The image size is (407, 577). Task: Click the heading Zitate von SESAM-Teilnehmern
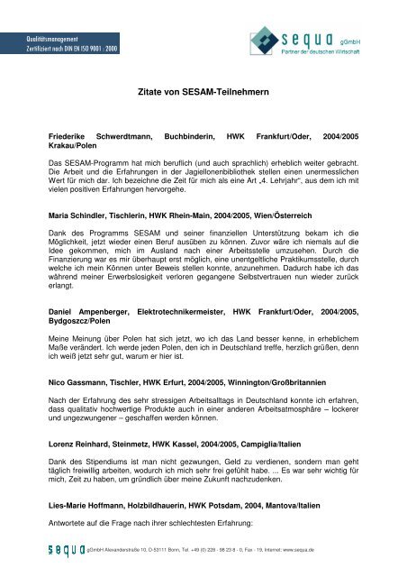tap(203, 92)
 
